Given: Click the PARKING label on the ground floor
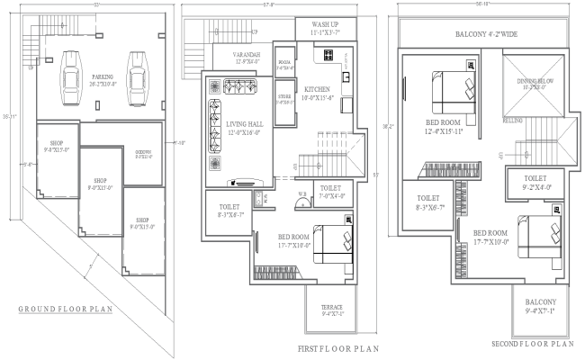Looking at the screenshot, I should click(101, 79).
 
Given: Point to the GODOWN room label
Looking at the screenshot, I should click(142, 153).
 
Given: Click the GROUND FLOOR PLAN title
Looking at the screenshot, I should click(65, 309).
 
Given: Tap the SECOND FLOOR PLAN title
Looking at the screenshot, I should click(532, 343).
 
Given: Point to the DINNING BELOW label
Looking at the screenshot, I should click(535, 84).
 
